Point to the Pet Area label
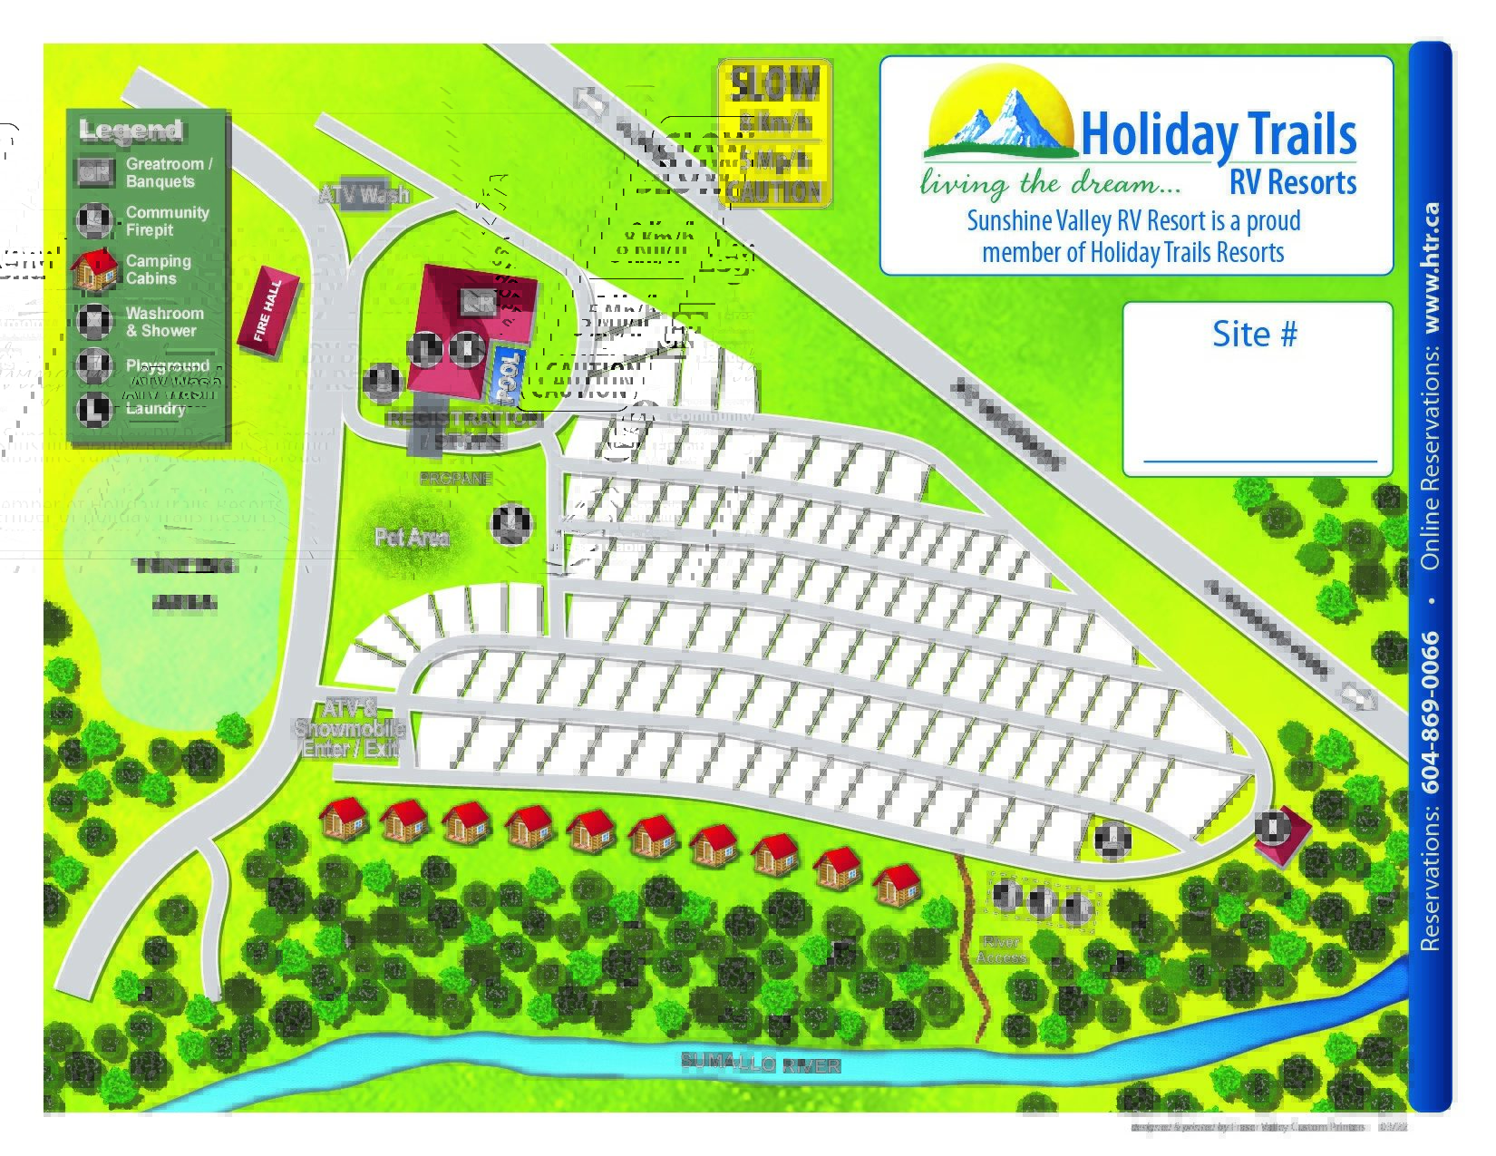412,538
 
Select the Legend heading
131,130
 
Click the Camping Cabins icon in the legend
94,268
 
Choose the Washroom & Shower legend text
164,322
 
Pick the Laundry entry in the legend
155,409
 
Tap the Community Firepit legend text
167,221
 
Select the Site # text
1254,334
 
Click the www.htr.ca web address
1431,267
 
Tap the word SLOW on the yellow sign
774,84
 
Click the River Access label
1001,949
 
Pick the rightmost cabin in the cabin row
897,884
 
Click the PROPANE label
455,478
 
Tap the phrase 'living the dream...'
1051,184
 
